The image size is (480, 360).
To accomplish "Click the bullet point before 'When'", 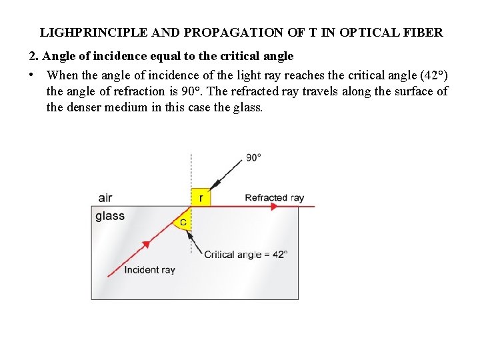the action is (33, 75).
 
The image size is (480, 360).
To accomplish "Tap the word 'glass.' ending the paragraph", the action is (247, 107).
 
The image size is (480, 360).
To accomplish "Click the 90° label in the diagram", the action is (253, 158).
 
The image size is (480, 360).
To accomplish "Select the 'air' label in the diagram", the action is (105, 197).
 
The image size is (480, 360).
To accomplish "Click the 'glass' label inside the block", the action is (110, 216).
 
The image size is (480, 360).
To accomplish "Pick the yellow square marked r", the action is (200, 197).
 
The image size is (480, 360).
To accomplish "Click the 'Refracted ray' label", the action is (274, 197).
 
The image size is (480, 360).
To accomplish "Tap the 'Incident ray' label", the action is (150, 270).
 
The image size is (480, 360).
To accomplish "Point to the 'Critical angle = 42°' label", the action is (245, 254).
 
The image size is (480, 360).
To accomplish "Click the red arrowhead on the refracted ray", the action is (273, 207).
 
